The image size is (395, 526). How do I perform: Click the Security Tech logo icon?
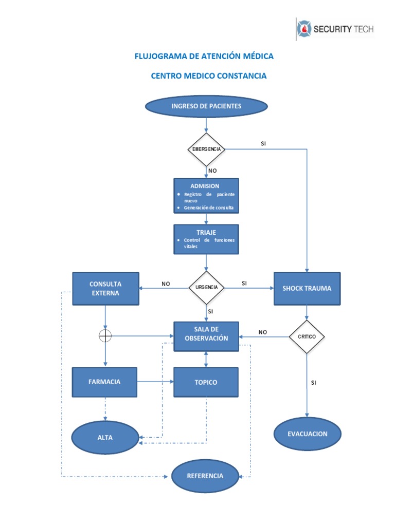coord(304,29)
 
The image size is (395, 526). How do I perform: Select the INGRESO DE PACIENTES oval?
coord(206,106)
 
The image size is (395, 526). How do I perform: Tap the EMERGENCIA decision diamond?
coord(206,149)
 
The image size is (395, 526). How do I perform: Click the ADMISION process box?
coord(206,196)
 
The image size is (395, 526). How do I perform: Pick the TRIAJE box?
coord(206,239)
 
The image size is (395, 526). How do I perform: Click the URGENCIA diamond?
coord(206,288)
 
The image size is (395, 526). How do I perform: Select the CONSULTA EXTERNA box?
coord(105,289)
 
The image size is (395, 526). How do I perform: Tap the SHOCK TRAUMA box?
coord(307,289)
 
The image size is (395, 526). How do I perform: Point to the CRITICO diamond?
coord(307,336)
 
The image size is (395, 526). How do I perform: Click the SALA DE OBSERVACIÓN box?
coord(206,336)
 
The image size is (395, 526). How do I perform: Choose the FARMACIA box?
coord(104,382)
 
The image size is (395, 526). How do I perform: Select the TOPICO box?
coord(206,382)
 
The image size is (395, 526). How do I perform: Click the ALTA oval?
coord(105,438)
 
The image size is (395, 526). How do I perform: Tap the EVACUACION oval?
coord(308,434)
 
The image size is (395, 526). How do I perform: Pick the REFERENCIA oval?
coord(205,476)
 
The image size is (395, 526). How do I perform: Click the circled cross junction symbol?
coord(105,335)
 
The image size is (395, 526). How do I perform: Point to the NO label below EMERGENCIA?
coord(212,171)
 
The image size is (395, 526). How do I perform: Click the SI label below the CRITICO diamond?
coord(313,383)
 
